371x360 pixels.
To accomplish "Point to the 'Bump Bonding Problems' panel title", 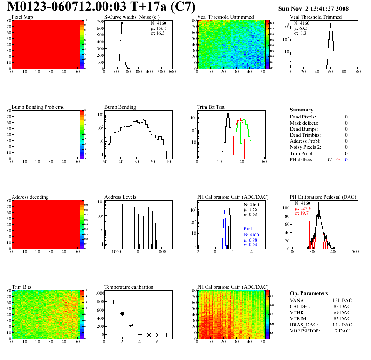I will [x=38, y=107].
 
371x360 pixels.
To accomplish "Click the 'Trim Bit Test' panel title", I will [x=211, y=107].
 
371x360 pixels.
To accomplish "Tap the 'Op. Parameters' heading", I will [x=309, y=293].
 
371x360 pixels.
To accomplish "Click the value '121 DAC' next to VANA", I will [x=342, y=300].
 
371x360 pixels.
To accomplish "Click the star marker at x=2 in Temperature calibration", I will [x=122, y=313].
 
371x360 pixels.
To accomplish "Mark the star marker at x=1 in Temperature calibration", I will [x=113, y=302].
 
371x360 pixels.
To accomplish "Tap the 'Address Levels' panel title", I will [x=120, y=197].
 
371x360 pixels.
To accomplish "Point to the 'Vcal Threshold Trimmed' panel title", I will [x=316, y=17].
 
